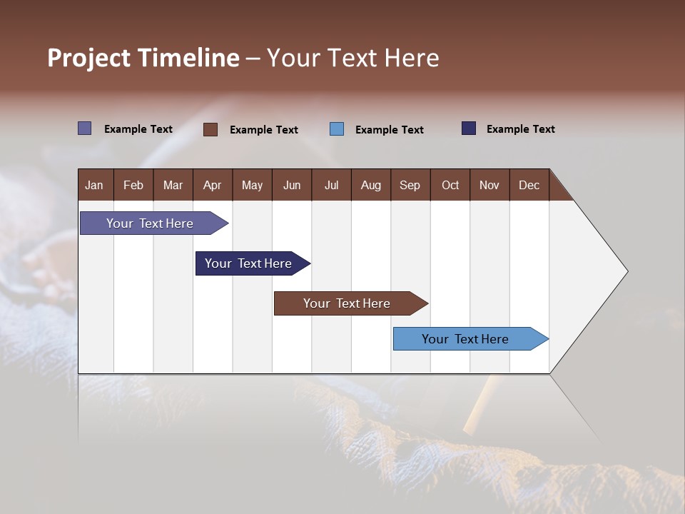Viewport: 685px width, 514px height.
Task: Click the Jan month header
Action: tap(94, 185)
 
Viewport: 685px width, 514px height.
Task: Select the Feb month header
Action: tap(133, 185)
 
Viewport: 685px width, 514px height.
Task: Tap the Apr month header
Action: tap(212, 185)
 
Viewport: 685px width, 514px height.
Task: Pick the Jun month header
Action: tap(292, 185)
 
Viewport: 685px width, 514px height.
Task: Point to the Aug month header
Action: tap(370, 185)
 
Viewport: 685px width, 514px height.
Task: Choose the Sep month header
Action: tap(410, 185)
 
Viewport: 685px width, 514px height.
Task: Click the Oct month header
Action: tap(450, 185)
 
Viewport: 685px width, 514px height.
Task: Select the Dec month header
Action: tap(529, 185)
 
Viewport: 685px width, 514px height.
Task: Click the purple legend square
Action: tap(85, 128)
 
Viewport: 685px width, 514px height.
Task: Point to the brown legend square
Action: tap(210, 129)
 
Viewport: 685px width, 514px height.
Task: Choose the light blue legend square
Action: tap(337, 129)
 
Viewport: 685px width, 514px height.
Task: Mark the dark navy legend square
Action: tap(469, 128)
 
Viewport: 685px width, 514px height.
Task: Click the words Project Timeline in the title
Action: tap(143, 58)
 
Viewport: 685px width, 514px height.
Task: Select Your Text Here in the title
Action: tap(352, 58)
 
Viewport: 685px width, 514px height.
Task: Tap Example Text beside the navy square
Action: tap(520, 129)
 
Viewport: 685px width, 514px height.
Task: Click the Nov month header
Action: tap(489, 185)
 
